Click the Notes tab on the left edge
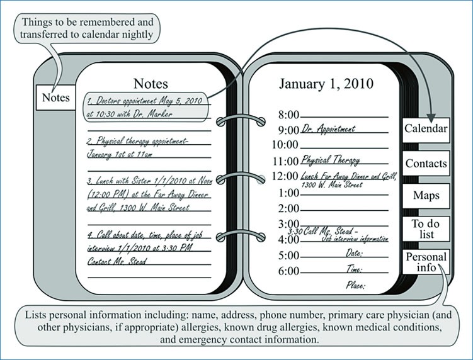pos(55,98)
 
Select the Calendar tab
pos(426,130)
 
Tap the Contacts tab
pos(426,164)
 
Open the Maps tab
pos(426,196)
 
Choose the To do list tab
pos(426,228)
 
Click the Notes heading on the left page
pos(151,84)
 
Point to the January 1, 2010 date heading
pos(326,84)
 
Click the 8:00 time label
pos(288,115)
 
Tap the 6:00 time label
pos(288,271)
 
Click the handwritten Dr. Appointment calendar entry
pos(328,129)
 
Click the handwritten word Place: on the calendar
pos(356,285)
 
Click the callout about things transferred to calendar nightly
pos(87,28)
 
